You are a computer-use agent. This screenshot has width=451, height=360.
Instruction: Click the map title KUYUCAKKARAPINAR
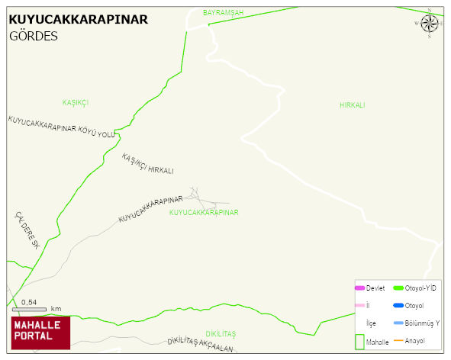78,19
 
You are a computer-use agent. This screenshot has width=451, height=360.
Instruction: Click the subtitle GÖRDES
34,36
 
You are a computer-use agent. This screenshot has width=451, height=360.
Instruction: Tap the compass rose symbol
430,23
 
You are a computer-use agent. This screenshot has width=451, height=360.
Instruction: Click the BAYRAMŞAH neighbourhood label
223,13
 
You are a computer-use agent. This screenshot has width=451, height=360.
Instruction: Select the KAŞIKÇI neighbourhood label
76,101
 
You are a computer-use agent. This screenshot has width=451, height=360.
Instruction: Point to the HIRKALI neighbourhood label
353,104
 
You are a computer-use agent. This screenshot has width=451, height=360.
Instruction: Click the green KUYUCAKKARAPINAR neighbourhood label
204,213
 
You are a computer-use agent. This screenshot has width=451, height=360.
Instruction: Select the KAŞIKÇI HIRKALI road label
148,164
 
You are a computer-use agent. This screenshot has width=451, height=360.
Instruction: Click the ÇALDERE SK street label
27,230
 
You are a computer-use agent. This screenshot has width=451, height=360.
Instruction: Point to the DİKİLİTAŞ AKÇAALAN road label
199,345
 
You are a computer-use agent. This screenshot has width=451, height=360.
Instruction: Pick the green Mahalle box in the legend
360,342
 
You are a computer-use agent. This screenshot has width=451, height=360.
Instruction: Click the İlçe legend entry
371,323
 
